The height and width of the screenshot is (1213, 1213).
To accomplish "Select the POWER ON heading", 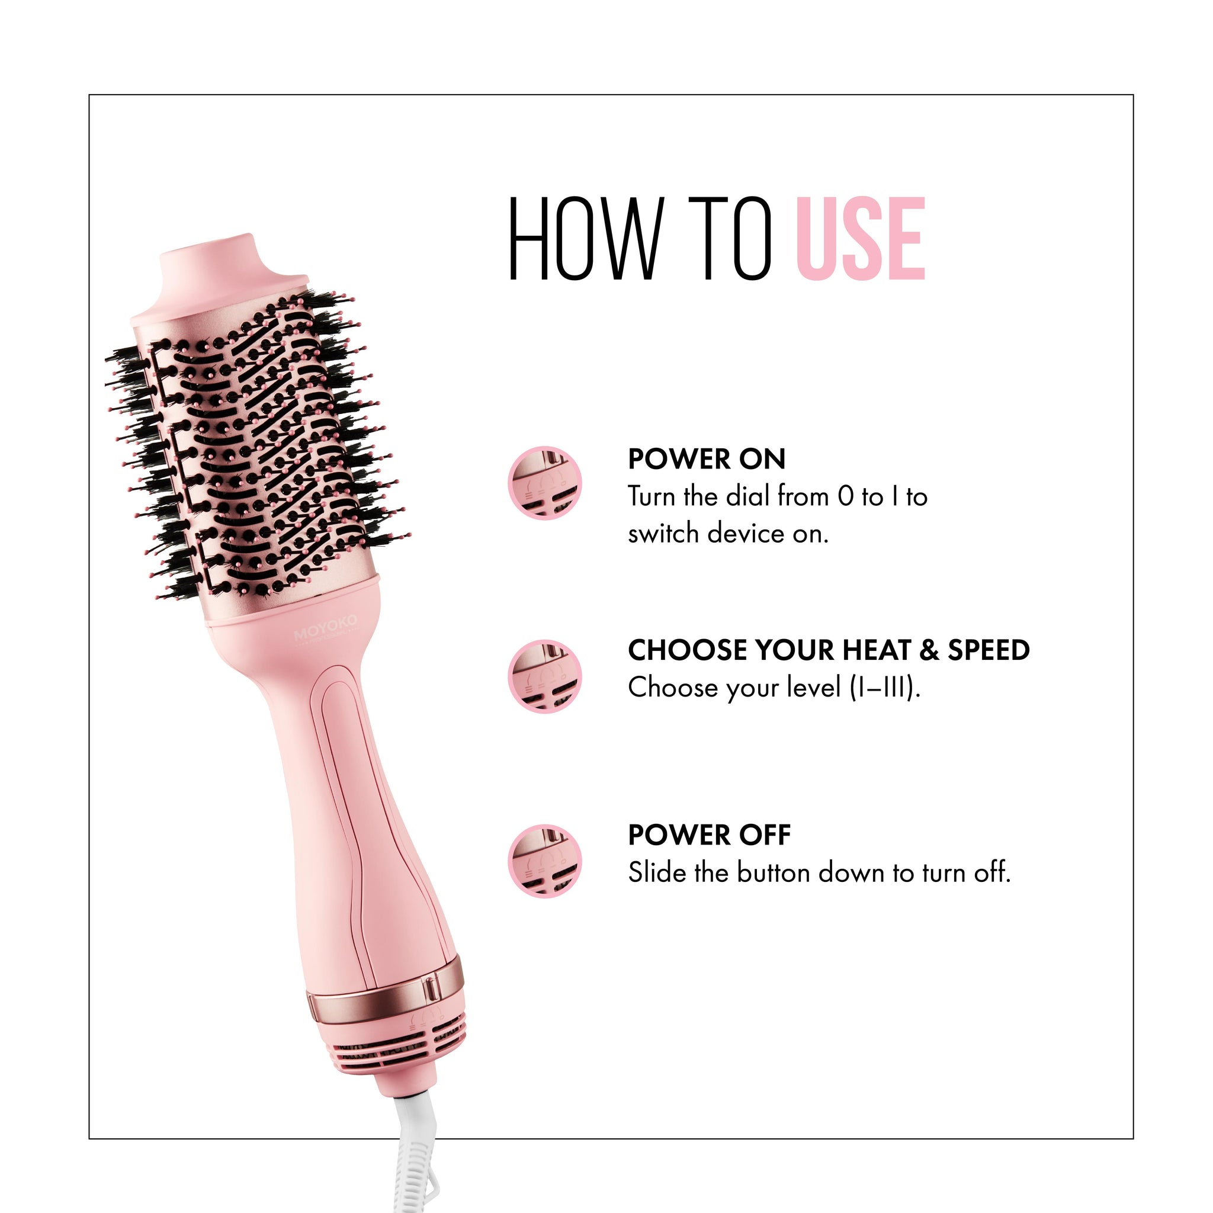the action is [x=707, y=459].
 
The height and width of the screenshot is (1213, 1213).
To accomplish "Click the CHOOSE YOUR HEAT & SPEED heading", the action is [x=829, y=650].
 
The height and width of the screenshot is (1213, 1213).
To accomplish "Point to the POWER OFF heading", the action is [x=710, y=835].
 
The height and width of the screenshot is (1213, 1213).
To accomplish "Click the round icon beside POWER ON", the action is [x=545, y=483].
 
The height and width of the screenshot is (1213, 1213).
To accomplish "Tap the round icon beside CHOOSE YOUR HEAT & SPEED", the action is [x=545, y=676].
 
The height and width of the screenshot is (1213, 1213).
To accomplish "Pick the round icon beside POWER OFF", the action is [x=545, y=861].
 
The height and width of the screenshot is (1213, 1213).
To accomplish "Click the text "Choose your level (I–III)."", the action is [x=775, y=688].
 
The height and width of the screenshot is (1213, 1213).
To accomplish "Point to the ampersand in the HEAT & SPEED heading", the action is [x=928, y=650].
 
